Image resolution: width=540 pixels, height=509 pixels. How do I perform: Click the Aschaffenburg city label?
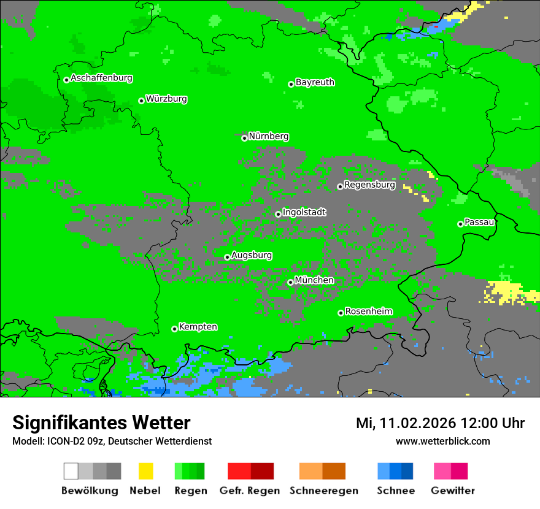[x=101, y=78]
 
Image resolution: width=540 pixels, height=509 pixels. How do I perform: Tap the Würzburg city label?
[x=166, y=99]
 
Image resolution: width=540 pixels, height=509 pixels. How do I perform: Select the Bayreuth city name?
[x=315, y=82]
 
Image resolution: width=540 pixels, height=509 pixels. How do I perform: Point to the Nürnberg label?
[x=268, y=137]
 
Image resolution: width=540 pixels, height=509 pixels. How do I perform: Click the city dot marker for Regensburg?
[x=340, y=186]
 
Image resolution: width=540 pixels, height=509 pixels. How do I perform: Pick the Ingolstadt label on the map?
[x=304, y=213]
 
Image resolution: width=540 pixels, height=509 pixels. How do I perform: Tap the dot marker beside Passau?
[x=460, y=224]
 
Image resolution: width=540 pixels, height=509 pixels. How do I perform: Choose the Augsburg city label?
[x=252, y=256]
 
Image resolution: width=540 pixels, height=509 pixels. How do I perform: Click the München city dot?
[x=290, y=282]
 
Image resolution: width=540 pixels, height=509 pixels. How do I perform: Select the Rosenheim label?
[x=368, y=312]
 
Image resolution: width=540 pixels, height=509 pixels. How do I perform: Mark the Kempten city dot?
[x=174, y=329]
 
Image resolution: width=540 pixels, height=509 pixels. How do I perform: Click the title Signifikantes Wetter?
[x=101, y=423]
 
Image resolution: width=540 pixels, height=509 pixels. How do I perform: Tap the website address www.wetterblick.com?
[x=442, y=442]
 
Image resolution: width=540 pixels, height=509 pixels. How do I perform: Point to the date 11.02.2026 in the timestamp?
[x=417, y=423]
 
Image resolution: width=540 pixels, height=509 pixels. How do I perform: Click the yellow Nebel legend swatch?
[x=145, y=471]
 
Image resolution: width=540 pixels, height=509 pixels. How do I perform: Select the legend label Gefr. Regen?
[x=250, y=491]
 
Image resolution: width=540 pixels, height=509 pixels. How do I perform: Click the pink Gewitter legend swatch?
[x=442, y=471]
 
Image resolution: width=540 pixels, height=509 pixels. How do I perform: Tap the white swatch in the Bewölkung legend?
[x=71, y=471]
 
